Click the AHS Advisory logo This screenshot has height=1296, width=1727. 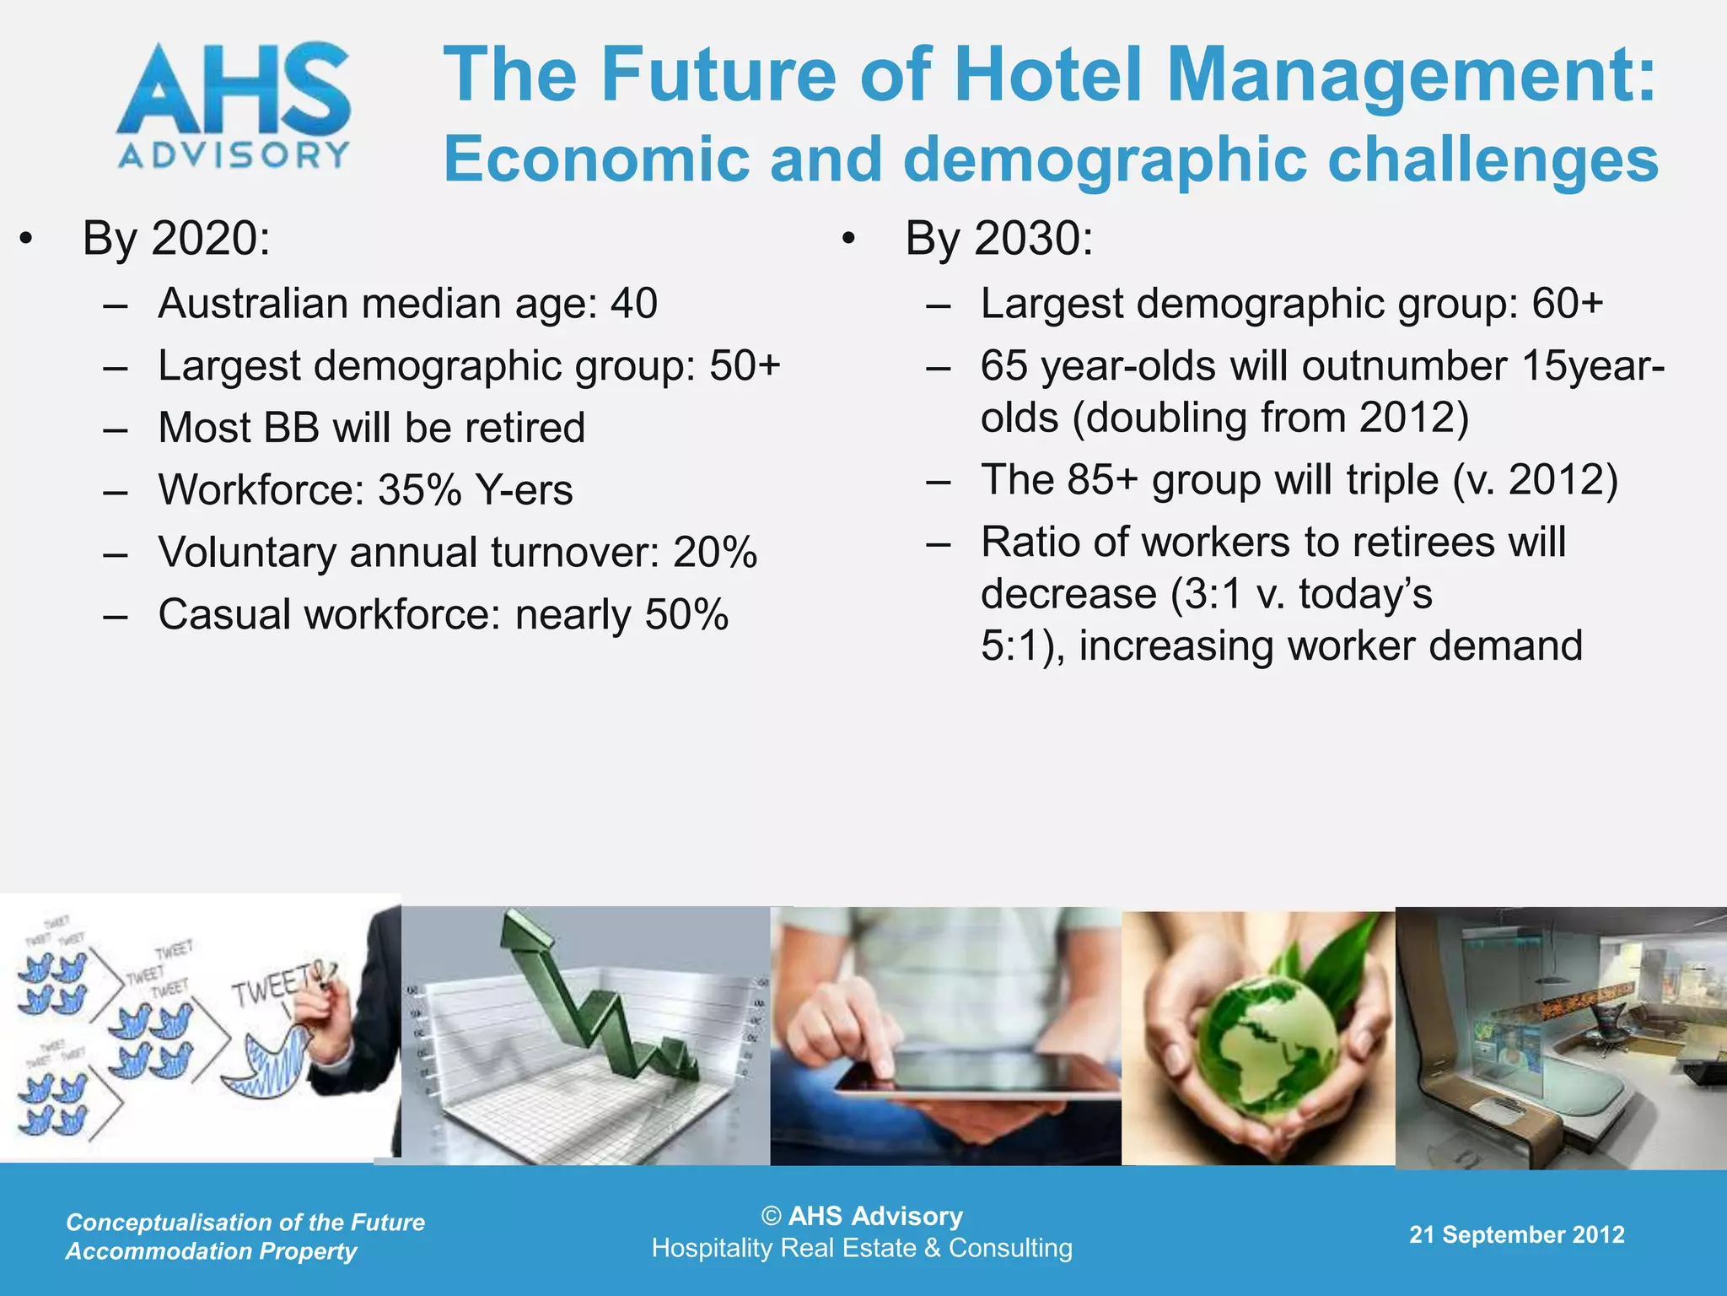click(234, 106)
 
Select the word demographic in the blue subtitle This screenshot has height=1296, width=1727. click(1105, 160)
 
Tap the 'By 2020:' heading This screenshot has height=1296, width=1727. click(176, 239)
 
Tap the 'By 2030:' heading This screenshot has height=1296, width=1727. click(998, 239)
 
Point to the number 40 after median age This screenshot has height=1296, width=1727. click(634, 304)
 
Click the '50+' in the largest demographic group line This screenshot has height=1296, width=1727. click(745, 366)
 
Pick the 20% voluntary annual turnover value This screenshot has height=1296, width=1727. click(715, 553)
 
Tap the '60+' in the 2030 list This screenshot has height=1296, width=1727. click(1567, 304)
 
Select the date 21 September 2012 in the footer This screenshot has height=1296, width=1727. click(1516, 1234)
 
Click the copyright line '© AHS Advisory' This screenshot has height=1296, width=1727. click(862, 1216)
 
